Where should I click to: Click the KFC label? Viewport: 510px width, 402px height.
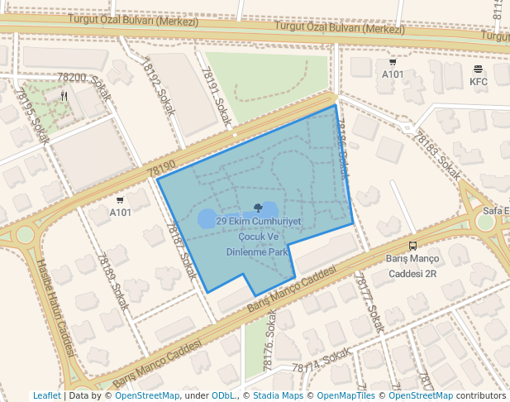(x=479, y=82)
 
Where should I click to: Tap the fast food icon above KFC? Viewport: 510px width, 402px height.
(x=479, y=69)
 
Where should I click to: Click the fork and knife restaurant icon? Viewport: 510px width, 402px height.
(x=64, y=96)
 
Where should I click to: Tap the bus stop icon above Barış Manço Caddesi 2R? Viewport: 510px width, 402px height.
(x=412, y=246)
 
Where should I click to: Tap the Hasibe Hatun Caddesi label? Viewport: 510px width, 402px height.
(x=55, y=307)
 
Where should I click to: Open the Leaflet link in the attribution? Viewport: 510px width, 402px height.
(x=46, y=396)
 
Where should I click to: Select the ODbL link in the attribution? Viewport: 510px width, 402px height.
(x=223, y=396)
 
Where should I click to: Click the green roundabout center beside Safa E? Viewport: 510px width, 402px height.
(x=486, y=222)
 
